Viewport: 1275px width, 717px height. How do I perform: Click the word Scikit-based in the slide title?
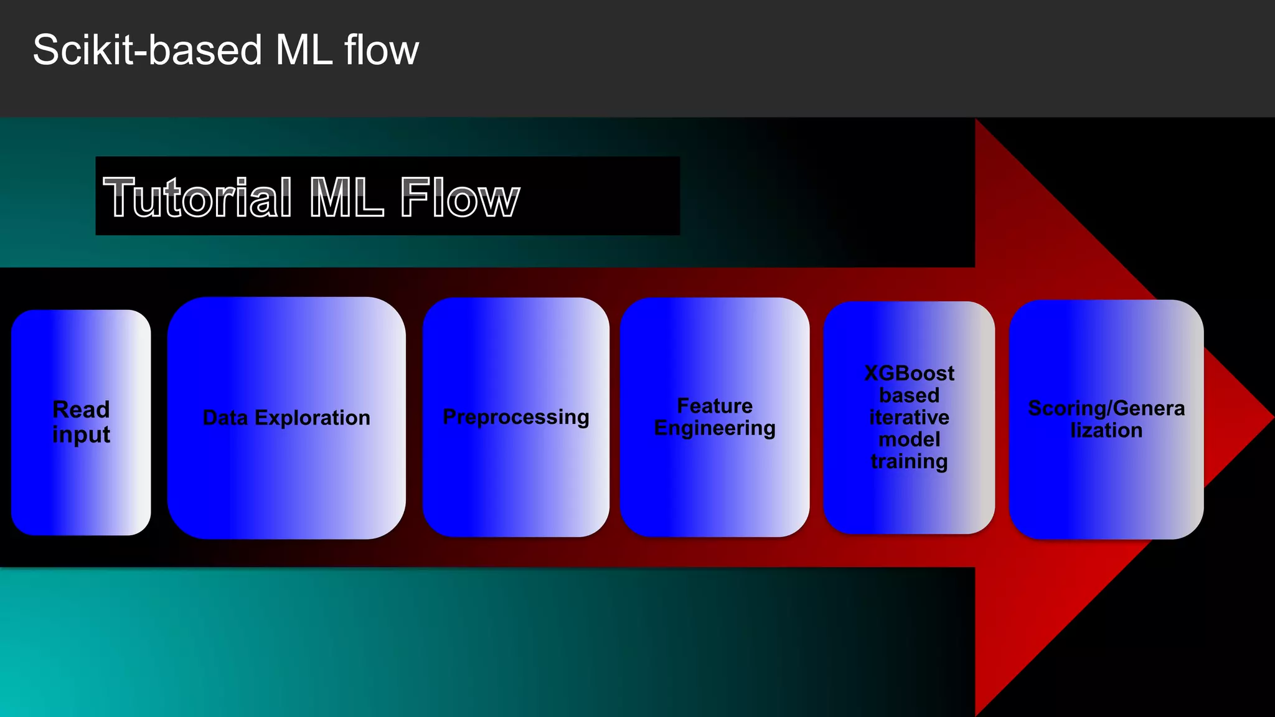pos(148,50)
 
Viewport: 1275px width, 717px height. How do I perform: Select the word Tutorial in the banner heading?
pos(197,197)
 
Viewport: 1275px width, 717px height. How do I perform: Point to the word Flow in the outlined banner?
pos(459,197)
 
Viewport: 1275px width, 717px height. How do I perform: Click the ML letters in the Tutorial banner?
pos(346,197)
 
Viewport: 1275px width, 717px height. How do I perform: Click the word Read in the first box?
pos(81,410)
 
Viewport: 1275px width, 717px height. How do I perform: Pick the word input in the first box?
pos(81,434)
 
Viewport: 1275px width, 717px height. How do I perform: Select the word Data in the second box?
pos(225,418)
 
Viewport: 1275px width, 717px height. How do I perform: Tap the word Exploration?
pos(313,418)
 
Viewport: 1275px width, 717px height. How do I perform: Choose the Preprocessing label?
pos(515,417)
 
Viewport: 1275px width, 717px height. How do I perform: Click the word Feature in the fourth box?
pos(715,406)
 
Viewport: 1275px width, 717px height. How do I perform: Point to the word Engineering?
pos(715,428)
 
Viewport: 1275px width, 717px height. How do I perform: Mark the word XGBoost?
pos(909,373)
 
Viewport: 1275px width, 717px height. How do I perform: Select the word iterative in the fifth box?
pos(909,417)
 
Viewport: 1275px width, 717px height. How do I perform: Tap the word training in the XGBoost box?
pos(909,461)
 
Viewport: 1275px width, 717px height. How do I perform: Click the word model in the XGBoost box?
pos(909,439)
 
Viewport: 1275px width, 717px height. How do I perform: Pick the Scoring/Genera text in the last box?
pos(1106,408)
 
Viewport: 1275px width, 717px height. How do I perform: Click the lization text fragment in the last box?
pos(1106,430)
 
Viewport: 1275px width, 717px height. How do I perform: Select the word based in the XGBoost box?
pos(909,395)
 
